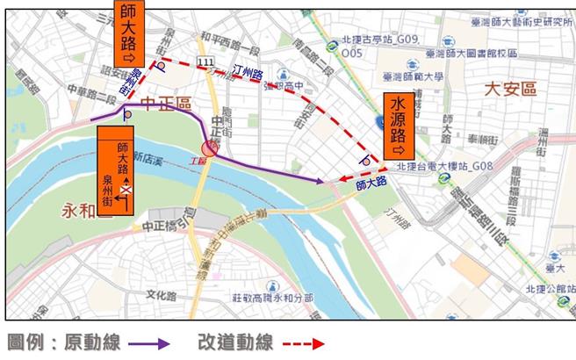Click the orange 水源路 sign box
(x=397, y=123)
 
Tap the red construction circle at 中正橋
(x=209, y=148)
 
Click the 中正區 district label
(x=168, y=104)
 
